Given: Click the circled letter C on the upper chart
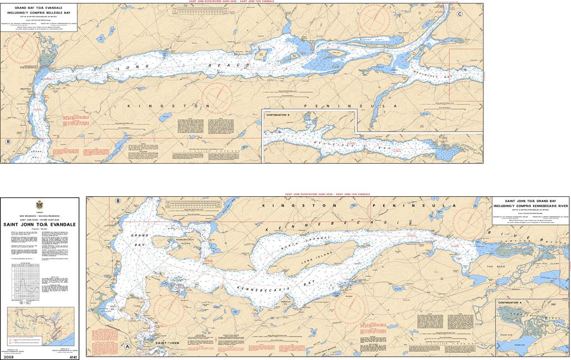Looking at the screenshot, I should [459, 14].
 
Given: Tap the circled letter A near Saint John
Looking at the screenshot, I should [128, 346].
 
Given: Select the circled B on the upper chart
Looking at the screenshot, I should [8, 142].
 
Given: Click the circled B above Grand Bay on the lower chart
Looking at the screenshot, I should [118, 201].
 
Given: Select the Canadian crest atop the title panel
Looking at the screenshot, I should [38, 205].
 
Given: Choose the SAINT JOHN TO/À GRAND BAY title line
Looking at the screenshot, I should [530, 201].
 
